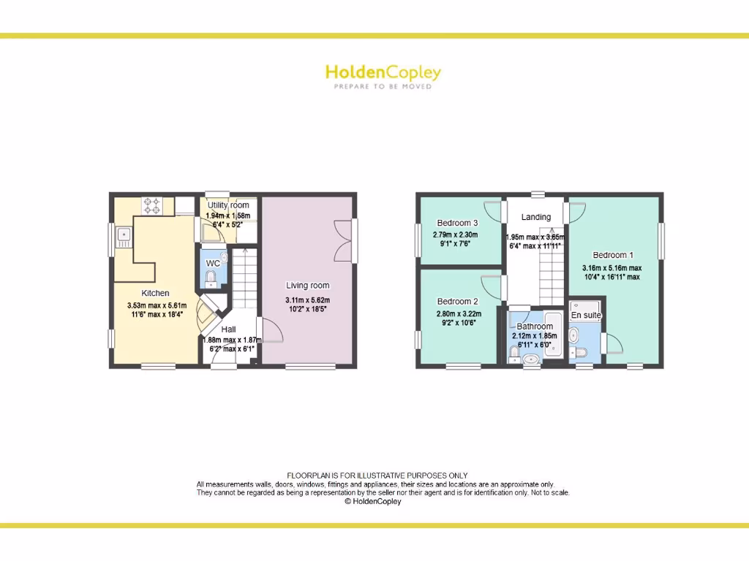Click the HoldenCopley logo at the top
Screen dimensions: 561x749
383,72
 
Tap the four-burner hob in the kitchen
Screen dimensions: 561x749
152,205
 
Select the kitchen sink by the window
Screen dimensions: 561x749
123,234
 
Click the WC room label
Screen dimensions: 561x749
213,263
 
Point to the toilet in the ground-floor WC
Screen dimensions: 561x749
211,278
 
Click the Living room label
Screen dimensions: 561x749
307,286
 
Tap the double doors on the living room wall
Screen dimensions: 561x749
343,240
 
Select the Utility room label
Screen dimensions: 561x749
227,205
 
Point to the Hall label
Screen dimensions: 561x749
228,329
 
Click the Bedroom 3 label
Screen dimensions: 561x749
457,223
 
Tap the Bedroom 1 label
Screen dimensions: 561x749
613,255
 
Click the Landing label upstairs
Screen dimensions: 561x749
535,217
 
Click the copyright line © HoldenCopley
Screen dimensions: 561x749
373,502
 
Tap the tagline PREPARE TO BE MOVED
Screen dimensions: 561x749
383,86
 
